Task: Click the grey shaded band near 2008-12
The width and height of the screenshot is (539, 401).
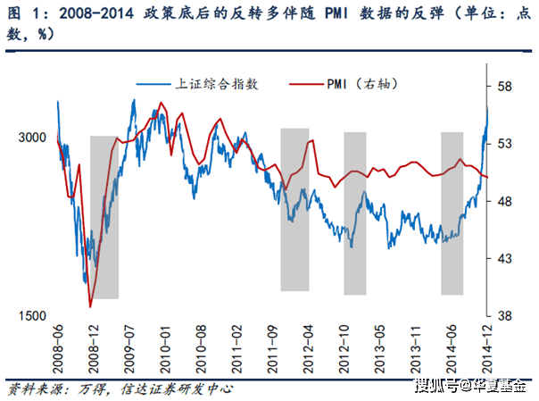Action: point(104,217)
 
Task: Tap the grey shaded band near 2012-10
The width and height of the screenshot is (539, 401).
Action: point(355,213)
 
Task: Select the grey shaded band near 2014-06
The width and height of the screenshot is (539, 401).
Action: point(452,213)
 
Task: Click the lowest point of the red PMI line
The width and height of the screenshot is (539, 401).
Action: point(90,306)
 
